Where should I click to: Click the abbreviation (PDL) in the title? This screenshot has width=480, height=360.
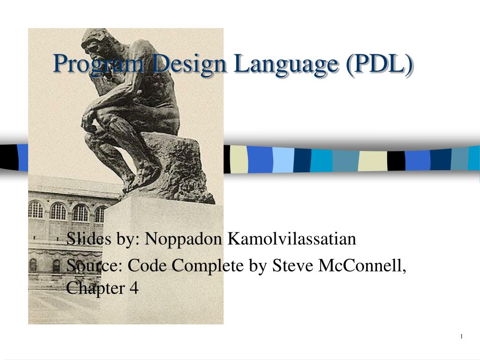[x=380, y=63]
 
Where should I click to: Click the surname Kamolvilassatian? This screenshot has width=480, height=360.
[x=292, y=239]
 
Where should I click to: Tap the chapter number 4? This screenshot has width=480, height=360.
[x=134, y=288]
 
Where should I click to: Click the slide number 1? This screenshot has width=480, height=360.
[x=462, y=337]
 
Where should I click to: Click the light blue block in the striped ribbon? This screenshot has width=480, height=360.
[x=283, y=159]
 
